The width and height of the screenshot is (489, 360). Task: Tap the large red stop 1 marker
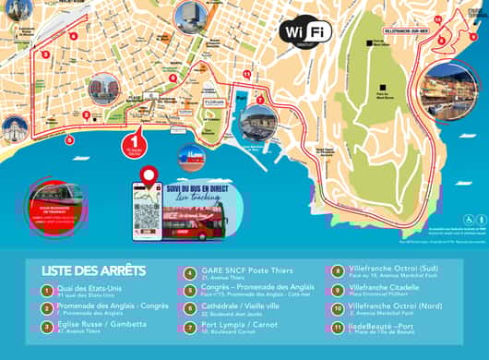tap(137, 137)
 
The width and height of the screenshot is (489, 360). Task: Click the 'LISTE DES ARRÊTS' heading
tap(93, 270)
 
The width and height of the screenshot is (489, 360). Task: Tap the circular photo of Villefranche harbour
tap(447, 90)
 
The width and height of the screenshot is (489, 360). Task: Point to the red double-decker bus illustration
tap(195, 219)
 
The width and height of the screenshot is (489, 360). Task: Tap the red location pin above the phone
tap(148, 174)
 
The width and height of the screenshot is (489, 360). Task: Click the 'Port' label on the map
tap(242, 95)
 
